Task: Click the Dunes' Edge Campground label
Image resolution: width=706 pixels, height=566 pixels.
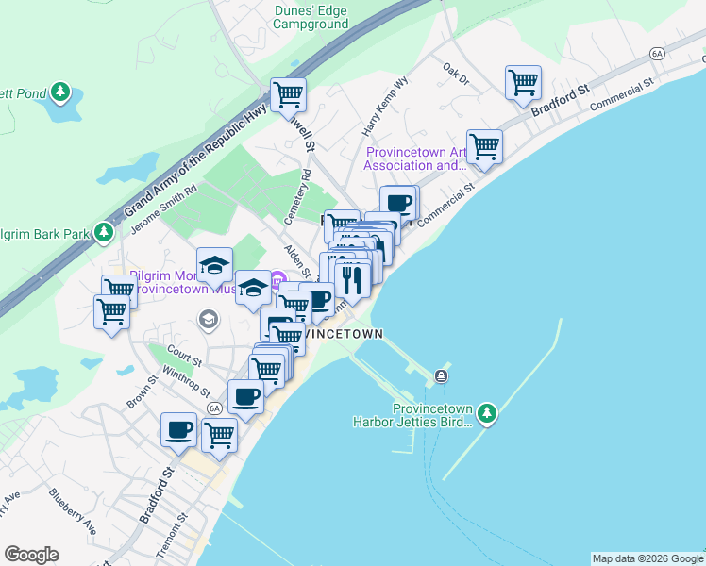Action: tap(310, 18)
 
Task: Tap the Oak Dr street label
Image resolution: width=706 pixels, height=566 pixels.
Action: tap(456, 73)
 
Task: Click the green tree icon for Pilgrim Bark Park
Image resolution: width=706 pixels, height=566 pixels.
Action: tap(104, 232)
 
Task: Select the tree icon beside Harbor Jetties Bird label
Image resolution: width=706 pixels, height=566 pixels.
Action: tap(486, 412)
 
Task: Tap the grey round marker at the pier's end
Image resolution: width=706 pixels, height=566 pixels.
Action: tap(441, 376)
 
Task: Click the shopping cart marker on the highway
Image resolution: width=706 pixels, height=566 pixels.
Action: tap(288, 95)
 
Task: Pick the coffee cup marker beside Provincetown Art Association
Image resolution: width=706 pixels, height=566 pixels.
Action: tap(398, 203)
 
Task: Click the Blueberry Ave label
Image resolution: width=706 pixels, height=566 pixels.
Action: tap(73, 510)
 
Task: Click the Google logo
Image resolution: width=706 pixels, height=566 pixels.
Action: tap(32, 555)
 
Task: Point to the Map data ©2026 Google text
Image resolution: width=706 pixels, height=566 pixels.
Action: tap(647, 558)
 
